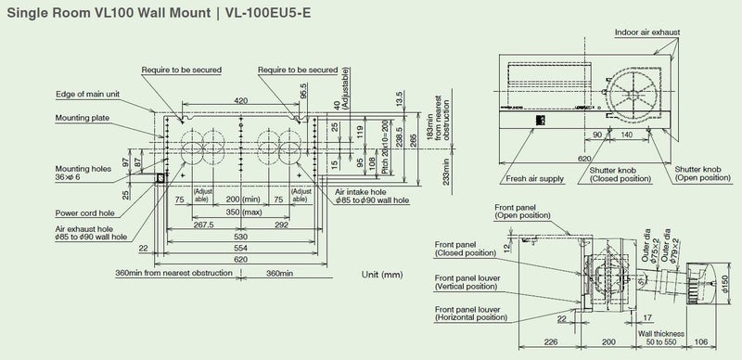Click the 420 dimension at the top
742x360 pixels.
[240, 100]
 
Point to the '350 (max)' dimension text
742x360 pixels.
[240, 212]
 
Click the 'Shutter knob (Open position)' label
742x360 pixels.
[703, 174]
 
